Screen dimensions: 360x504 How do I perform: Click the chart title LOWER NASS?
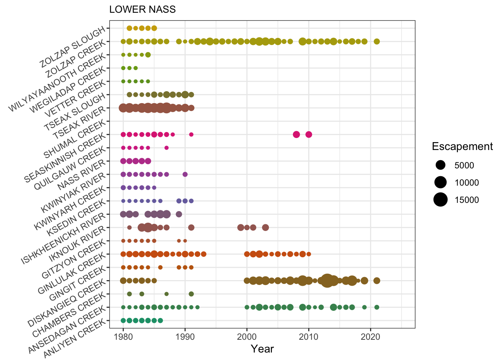[142, 9]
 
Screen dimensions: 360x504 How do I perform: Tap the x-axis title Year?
[262, 349]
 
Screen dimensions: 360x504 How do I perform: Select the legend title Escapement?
[462, 146]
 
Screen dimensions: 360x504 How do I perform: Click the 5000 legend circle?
[441, 165]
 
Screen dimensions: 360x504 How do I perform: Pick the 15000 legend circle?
[441, 200]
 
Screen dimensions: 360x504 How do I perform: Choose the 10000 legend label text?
[466, 183]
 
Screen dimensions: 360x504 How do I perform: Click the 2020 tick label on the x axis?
[370, 336]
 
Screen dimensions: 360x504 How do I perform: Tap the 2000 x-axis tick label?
[247, 336]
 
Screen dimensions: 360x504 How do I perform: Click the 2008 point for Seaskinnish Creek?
[296, 134]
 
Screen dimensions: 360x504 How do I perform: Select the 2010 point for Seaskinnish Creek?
[309, 134]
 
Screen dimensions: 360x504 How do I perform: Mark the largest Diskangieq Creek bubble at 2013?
[327, 280]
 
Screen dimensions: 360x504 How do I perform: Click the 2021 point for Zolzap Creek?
[377, 41]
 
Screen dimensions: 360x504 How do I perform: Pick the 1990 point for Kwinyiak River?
[185, 174]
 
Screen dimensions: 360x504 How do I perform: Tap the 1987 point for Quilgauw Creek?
[166, 148]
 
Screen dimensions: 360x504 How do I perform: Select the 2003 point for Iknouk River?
[265, 228]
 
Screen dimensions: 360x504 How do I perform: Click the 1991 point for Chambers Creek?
[191, 294]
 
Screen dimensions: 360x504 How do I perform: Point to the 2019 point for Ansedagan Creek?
[364, 307]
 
